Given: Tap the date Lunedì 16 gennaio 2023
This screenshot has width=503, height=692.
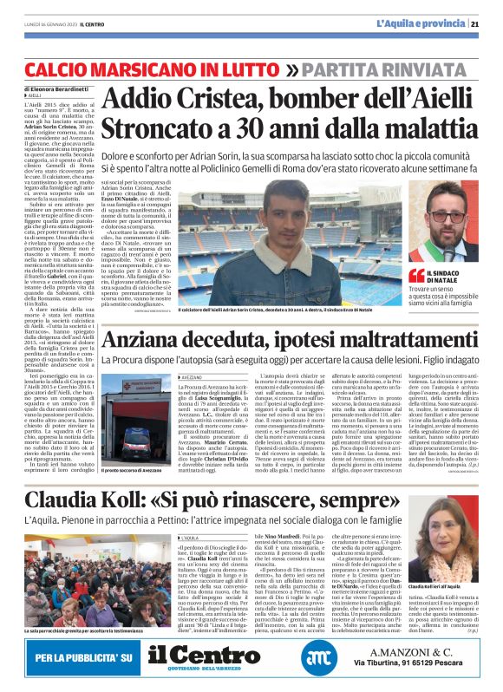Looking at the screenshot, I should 55,24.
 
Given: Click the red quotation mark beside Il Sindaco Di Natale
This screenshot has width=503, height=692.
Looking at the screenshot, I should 416,275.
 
